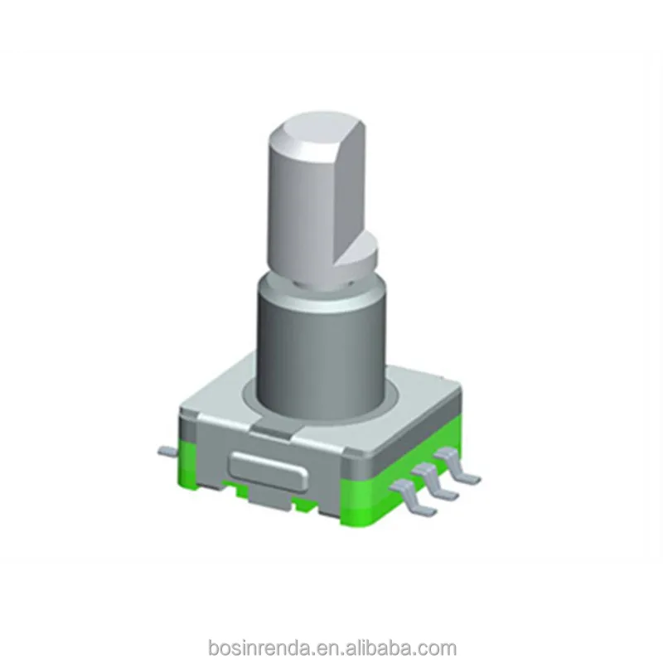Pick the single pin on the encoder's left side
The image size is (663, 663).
[167, 450]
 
